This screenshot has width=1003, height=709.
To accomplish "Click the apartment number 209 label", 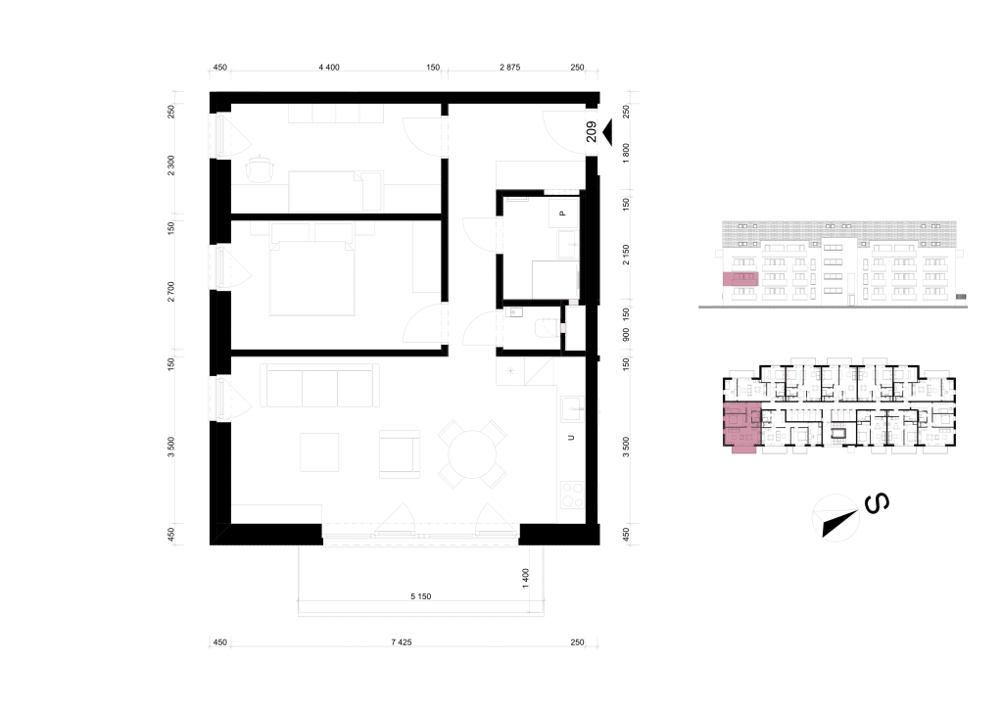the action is point(591,132).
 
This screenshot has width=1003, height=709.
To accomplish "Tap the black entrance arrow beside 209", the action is point(607,132).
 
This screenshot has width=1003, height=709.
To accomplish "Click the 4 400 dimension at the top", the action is point(329,68).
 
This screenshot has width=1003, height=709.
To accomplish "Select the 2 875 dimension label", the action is point(509,68).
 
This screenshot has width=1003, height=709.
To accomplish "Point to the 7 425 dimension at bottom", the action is point(402,642).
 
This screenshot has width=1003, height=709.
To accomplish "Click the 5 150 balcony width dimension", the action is point(421,596).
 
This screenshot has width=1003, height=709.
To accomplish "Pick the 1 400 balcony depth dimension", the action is point(526,578).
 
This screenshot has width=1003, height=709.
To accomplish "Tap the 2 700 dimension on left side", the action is point(170,291).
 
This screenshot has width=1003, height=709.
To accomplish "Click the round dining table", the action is point(472,455).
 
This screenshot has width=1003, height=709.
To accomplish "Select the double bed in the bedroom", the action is point(312,277).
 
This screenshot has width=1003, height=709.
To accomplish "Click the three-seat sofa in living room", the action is point(319,386).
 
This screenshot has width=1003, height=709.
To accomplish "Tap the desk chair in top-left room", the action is point(260,168).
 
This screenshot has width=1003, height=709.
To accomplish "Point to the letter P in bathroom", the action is point(563,213).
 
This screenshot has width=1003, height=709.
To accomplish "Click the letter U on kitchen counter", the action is point(571,438).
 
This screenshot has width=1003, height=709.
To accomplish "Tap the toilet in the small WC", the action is point(546,328).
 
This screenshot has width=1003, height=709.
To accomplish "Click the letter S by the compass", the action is point(877,503).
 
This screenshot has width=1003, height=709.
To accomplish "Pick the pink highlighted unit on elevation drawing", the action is point(740,279).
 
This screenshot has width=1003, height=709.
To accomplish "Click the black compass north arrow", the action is point(839,523).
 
